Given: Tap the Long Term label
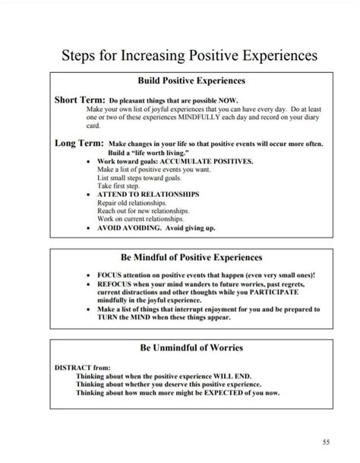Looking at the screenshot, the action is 79,143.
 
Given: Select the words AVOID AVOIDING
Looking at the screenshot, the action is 131,227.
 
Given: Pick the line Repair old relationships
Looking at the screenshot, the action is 128,202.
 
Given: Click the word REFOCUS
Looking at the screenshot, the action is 115,283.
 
